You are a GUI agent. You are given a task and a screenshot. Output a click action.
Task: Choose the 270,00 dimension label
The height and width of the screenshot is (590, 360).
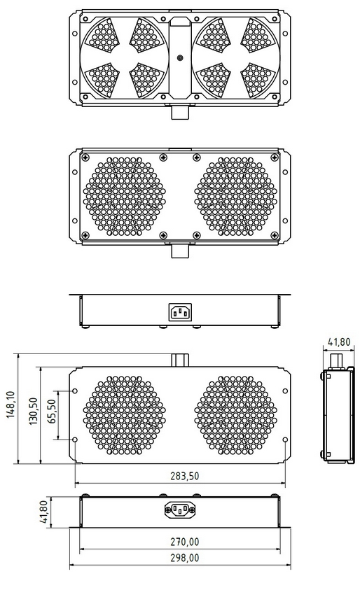point(184,541)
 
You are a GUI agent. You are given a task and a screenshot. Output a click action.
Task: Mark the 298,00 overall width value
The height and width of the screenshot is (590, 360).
point(184,558)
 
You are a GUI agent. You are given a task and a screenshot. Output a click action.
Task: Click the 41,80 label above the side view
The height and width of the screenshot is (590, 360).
point(340,342)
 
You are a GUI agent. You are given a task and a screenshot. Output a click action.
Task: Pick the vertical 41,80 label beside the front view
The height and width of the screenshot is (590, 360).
point(43,511)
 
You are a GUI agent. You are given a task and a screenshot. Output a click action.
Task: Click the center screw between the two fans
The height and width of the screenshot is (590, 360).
point(180,58)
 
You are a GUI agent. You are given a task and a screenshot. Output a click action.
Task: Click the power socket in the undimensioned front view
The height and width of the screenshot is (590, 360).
point(180,311)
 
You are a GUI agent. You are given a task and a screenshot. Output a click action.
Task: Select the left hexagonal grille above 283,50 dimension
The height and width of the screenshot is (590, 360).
point(125,416)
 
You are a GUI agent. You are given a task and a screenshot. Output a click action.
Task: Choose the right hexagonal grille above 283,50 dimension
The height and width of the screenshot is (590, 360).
point(235,416)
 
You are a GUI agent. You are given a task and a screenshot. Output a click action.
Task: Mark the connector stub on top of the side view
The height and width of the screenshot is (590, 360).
point(336,359)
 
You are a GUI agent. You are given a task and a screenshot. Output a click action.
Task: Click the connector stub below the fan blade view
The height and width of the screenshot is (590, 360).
point(180,112)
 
